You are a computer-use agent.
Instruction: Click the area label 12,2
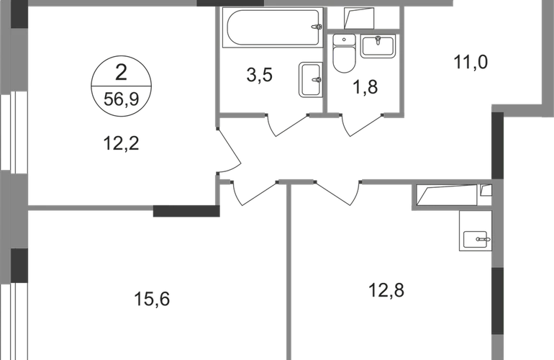tap(121, 144)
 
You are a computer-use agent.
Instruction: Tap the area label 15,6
tap(152, 300)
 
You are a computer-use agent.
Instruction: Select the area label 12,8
tap(386, 291)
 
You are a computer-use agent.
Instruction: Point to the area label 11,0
tap(471, 63)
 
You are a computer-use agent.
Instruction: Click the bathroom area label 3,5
tap(259, 76)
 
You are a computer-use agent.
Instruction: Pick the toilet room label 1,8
tap(365, 87)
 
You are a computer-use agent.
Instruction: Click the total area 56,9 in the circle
tap(121, 99)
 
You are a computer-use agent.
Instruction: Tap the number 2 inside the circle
tap(121, 73)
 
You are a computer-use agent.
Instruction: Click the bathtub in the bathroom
tap(273, 27)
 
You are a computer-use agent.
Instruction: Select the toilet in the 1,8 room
tap(344, 53)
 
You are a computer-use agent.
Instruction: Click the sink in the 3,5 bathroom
tap(311, 79)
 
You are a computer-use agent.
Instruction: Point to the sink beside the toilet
tap(378, 46)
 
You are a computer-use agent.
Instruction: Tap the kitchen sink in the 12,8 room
tap(475, 240)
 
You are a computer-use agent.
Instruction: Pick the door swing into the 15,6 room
tap(255, 193)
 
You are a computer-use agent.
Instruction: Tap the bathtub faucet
tap(317, 27)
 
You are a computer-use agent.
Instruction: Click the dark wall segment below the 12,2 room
tap(186, 211)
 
